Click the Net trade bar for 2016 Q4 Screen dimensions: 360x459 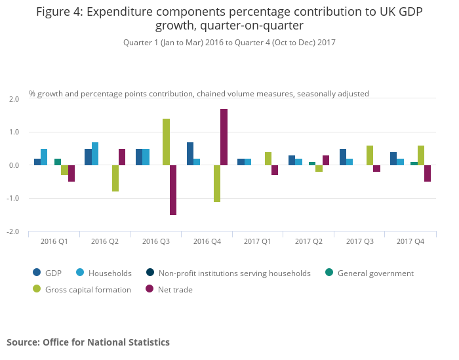(224, 137)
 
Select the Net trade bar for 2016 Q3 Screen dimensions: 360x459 (173, 190)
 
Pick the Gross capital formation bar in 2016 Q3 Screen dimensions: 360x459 (166, 142)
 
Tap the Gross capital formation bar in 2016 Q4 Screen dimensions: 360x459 (217, 184)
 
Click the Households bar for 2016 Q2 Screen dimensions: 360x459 (95, 154)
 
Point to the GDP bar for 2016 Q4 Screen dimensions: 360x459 (190, 154)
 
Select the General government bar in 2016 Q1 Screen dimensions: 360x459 (58, 162)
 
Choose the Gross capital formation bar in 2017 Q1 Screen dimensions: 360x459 (268, 159)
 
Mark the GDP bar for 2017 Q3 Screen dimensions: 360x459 (343, 157)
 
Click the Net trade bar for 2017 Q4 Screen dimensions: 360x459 (428, 173)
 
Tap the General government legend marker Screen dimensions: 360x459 (329, 273)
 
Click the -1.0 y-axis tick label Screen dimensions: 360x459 (13, 198)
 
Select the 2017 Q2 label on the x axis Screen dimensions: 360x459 (308, 242)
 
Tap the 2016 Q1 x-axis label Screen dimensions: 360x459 (54, 242)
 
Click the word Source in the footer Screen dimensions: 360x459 (22, 342)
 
